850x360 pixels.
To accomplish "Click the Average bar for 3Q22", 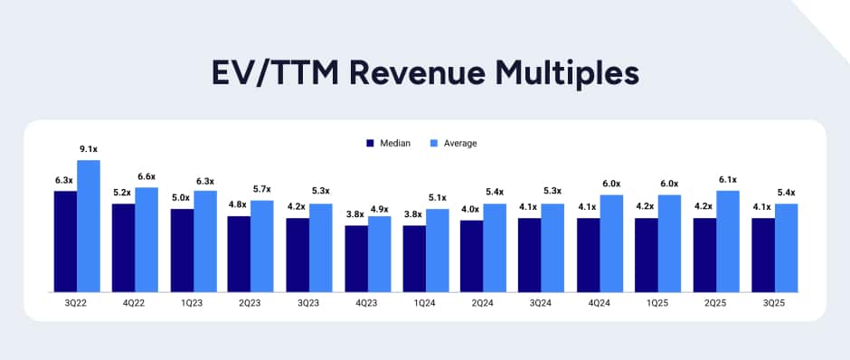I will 89,226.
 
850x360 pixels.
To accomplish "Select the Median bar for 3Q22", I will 65,242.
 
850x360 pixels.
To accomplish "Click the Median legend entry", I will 389,143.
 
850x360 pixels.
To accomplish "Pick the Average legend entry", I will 451,143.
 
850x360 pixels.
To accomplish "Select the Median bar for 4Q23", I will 356,259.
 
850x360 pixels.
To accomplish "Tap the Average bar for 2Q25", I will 728,242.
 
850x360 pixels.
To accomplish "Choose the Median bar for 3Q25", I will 763,255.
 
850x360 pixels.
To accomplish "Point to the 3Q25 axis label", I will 774,304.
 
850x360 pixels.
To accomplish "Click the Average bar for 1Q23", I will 205,242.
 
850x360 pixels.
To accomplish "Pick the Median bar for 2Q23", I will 239,254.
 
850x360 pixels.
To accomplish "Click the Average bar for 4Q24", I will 612,243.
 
